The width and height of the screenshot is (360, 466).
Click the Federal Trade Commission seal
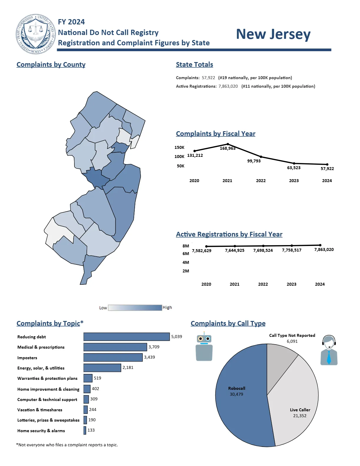[36, 34]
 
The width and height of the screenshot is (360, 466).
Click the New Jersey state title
[273, 34]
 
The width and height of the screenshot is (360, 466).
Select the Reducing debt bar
[126, 337]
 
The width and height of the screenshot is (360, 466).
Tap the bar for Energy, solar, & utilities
[102, 368]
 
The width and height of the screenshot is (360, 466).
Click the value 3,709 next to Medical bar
[154, 347]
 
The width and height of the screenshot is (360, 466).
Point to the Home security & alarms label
[41, 431]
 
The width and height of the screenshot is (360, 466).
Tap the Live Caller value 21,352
[300, 416]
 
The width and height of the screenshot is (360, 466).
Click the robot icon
[204, 347]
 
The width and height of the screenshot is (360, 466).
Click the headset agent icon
[329, 350]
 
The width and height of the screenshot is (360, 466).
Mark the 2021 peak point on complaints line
[228, 144]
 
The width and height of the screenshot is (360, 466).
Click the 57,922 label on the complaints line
[327, 169]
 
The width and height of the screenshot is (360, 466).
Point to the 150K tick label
[179, 147]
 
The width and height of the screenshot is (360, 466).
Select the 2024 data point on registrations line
[320, 245]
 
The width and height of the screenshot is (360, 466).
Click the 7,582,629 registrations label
[201, 251]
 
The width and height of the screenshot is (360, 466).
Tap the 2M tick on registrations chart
[186, 271]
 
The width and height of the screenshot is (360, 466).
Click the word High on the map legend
[167, 307]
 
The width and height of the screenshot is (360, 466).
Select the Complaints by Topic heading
[50, 323]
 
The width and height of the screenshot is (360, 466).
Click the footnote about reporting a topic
[67, 445]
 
